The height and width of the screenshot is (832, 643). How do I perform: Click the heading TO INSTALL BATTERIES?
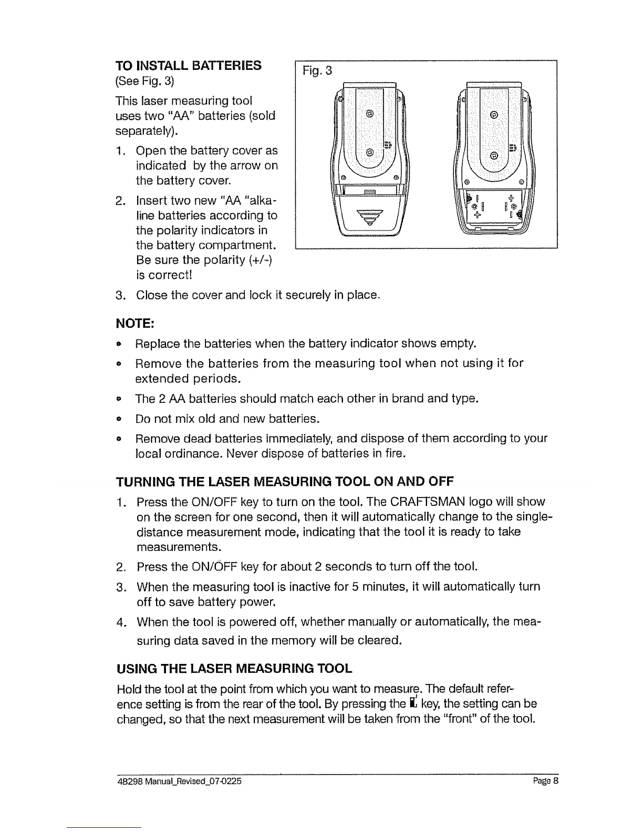click(189, 66)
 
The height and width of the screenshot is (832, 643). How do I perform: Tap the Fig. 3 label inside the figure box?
click(317, 70)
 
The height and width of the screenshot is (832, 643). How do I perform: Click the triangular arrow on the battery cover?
click(369, 217)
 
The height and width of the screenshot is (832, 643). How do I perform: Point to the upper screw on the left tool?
click(369, 113)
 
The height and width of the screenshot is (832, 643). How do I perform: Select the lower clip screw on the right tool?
click(494, 155)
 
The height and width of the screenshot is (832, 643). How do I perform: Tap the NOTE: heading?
click(135, 324)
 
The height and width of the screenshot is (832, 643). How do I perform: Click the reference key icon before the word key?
click(412, 702)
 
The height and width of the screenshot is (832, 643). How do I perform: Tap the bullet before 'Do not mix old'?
click(119, 419)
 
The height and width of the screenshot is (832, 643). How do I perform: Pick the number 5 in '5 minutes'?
click(355, 587)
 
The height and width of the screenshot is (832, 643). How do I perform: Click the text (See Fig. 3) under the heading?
click(145, 81)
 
